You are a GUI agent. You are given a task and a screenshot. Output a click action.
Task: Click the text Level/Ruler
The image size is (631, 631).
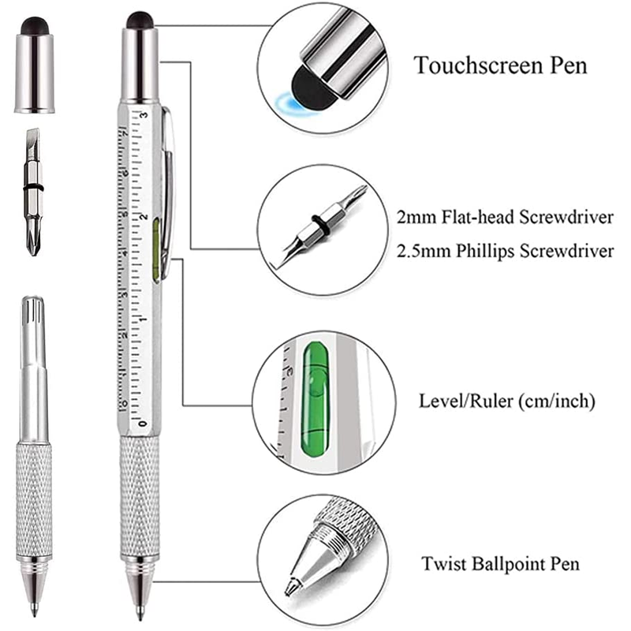point(461,401)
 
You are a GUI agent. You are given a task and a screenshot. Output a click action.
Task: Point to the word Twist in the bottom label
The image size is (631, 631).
point(443,563)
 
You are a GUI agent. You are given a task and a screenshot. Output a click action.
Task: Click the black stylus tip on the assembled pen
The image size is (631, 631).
point(140,21)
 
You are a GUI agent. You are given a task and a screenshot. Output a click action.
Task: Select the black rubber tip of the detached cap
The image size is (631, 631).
point(35,25)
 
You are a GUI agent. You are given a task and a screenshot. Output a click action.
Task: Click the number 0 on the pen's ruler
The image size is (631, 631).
point(143,424)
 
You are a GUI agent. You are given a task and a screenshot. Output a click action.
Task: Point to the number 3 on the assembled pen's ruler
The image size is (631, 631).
point(144,115)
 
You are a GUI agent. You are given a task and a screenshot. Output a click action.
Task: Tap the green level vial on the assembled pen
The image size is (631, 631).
point(156,249)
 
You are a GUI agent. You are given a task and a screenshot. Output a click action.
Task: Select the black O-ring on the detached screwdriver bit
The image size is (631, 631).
point(33,188)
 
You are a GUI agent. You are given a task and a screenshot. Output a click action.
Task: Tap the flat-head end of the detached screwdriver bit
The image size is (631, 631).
point(32,136)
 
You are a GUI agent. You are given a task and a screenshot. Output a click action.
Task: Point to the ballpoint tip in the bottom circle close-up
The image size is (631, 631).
point(289,588)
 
